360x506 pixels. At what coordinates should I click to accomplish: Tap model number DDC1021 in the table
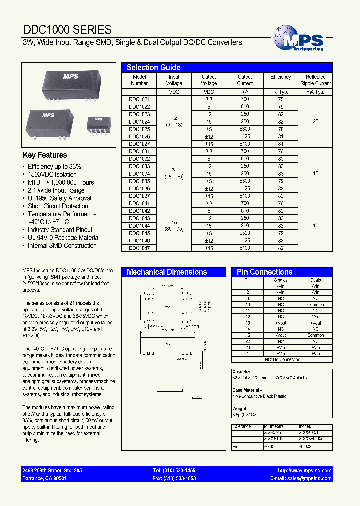point(139,100)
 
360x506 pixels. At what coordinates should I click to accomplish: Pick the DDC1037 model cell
point(139,196)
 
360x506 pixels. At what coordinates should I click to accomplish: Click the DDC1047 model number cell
point(139,248)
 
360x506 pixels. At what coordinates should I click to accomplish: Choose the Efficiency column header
point(280,77)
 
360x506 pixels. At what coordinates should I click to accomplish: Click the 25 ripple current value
point(315,122)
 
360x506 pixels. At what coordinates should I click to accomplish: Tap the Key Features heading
point(45,155)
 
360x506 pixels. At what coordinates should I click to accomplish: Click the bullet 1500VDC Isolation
point(52,174)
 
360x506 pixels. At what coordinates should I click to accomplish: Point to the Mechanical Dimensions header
point(167,272)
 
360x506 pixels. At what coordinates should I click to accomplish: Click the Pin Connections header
point(264,272)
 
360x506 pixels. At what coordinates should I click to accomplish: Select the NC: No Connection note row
point(282,359)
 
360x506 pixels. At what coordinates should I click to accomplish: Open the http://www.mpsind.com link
point(304,471)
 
